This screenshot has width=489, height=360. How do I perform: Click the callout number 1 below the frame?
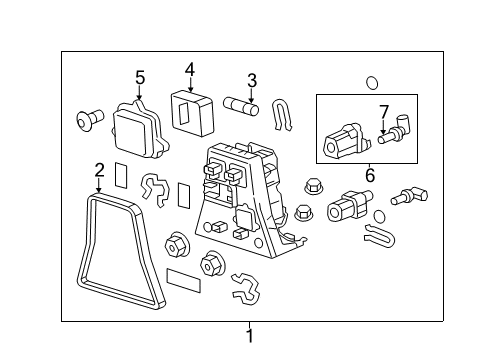pyautogui.click(x=250, y=337)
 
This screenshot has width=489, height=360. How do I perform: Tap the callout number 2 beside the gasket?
pyautogui.click(x=99, y=169)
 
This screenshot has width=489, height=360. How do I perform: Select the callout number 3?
pyautogui.click(x=252, y=80)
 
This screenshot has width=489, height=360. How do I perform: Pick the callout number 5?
pyautogui.click(x=140, y=77)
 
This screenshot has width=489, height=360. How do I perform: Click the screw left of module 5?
pyautogui.click(x=88, y=121)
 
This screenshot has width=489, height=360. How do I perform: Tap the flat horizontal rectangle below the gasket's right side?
pyautogui.click(x=183, y=277)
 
